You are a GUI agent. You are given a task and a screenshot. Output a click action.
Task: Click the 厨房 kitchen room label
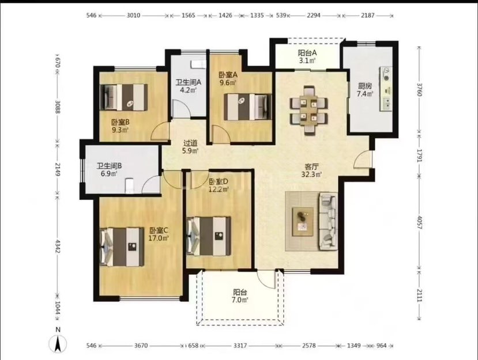(364, 86)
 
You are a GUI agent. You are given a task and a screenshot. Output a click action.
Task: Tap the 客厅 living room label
(311, 167)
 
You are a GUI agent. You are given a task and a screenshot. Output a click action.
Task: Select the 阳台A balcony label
(307, 52)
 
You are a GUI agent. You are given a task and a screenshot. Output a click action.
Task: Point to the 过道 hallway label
(190, 143)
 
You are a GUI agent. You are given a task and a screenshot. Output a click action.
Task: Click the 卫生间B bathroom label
(109, 166)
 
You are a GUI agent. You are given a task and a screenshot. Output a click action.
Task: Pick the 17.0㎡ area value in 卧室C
(159, 238)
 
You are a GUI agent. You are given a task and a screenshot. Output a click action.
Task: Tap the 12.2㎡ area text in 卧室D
(219, 190)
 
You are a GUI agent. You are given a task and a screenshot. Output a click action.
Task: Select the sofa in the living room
(328, 221)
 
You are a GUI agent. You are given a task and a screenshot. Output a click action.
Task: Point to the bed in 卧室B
(124, 97)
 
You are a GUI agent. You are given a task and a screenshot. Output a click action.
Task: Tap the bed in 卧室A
(247, 107)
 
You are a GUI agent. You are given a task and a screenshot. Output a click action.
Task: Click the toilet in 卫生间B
(130, 186)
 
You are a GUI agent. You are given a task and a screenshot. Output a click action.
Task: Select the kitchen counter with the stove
(386, 89)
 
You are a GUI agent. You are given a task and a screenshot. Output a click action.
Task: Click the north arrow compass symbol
(58, 343)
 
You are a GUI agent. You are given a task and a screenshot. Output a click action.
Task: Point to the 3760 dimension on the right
(419, 89)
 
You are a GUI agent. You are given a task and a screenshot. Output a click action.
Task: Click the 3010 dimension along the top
(133, 15)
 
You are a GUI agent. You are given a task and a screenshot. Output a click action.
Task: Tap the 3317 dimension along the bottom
(240, 346)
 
